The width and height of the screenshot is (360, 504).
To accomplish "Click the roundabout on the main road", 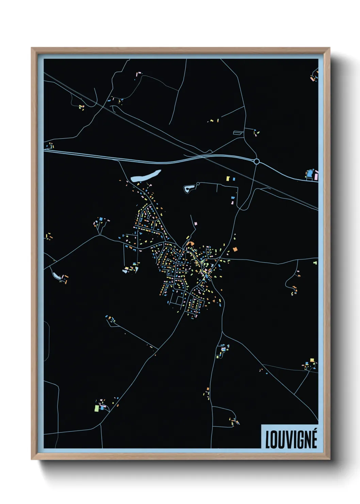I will [x=257, y=161].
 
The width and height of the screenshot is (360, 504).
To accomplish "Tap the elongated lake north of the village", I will [x=146, y=176].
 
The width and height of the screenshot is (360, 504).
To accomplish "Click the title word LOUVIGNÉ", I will [x=291, y=439].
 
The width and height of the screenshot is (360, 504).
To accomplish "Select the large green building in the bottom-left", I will [x=97, y=408].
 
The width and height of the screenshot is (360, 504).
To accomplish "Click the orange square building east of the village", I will [x=235, y=249].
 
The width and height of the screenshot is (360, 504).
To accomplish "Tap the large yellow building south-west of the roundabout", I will [x=228, y=178].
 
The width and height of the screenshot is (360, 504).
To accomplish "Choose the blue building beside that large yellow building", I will [x=234, y=179].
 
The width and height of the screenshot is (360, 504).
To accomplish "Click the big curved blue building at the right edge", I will [x=310, y=174].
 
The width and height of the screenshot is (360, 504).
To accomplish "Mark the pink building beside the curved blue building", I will [x=316, y=175].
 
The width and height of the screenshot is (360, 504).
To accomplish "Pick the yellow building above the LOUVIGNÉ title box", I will [x=312, y=360].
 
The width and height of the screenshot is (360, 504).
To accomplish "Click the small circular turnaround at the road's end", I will [x=198, y=184].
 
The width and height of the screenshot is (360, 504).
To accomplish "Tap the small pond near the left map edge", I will [x=55, y=275].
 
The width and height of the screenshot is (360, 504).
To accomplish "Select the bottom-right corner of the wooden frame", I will [x=329, y=459].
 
